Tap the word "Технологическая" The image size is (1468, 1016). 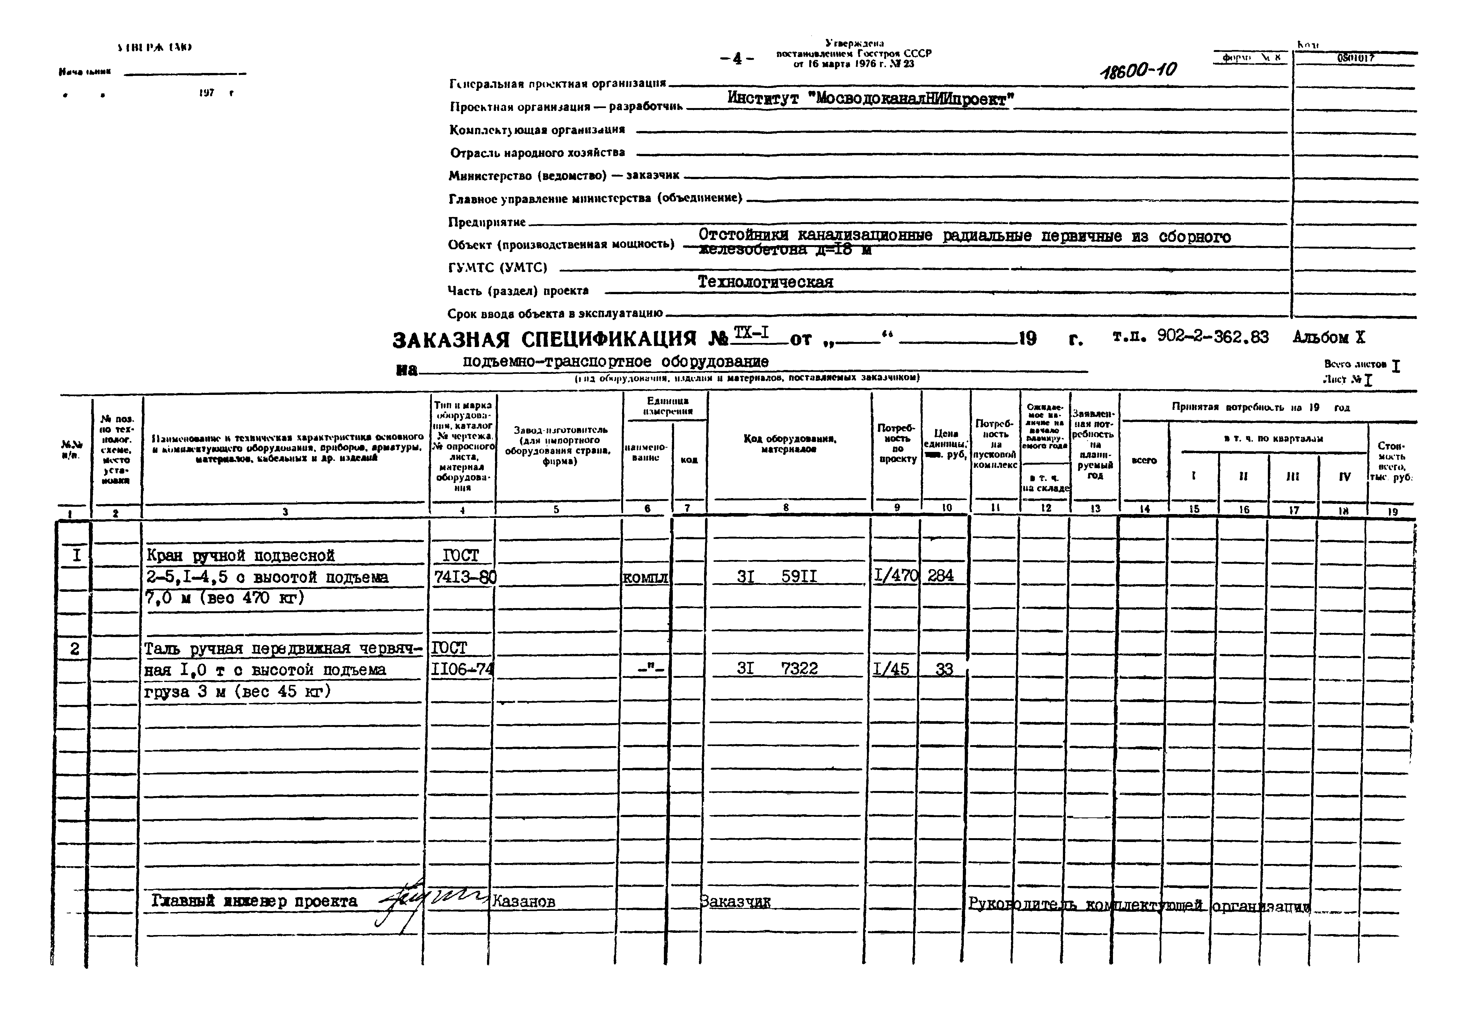(765, 282)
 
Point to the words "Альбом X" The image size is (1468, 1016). (1329, 337)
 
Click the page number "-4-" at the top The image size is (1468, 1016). (737, 59)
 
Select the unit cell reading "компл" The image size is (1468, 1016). (645, 577)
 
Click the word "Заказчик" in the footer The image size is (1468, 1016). (735, 901)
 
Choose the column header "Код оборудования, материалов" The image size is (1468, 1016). (789, 444)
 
